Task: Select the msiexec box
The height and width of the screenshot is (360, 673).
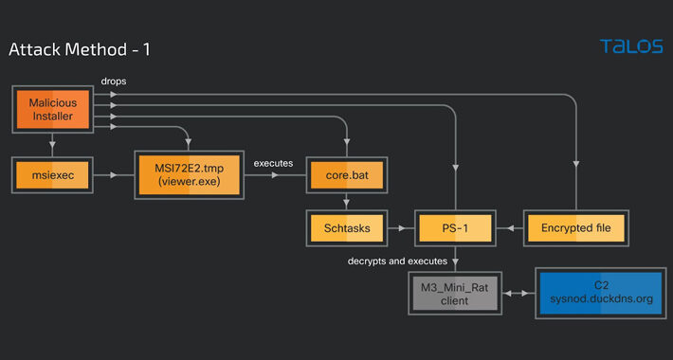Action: [x=52, y=175]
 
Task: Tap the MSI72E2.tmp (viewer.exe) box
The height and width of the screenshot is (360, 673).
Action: [x=189, y=175]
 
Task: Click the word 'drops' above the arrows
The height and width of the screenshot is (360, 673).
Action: [x=114, y=81]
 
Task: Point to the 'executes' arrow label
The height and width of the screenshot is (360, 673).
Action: [x=274, y=163]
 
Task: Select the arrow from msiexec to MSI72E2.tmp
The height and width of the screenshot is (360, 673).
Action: [x=112, y=175]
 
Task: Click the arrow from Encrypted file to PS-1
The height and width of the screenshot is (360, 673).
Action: [x=512, y=228]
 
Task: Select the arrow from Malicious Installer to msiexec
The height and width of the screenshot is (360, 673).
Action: [x=52, y=145]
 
